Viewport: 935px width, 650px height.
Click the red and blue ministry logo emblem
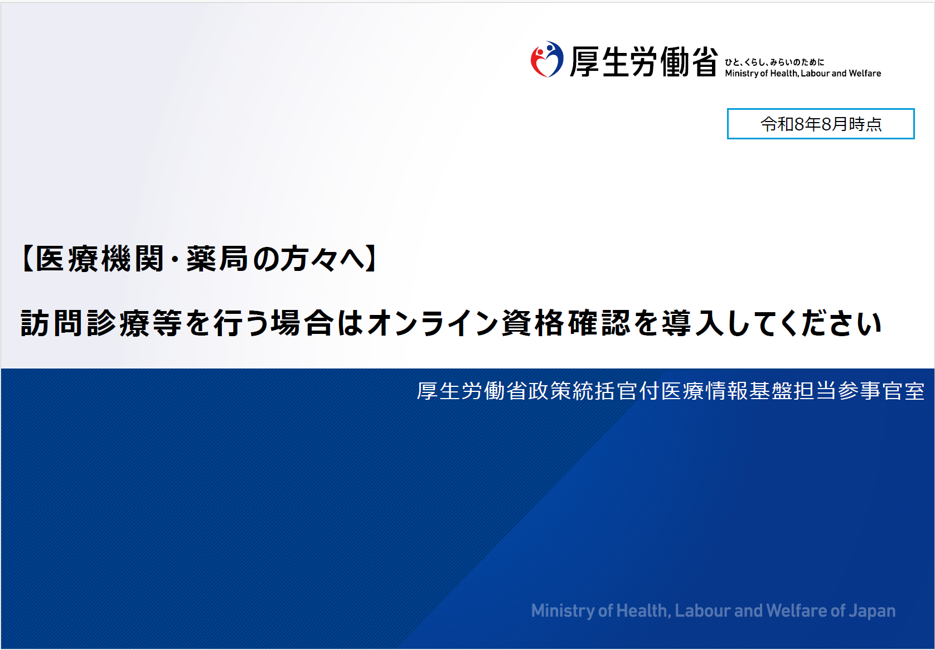[x=547, y=59]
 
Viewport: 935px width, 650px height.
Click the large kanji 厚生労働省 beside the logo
[x=644, y=61]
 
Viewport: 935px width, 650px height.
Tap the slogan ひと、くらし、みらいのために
[x=774, y=62]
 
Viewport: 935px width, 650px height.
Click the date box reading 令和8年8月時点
[x=821, y=124]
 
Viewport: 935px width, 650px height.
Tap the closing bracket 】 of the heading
[x=371, y=259]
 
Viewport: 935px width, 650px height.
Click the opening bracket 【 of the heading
[x=27, y=259]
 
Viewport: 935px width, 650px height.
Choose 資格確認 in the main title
[x=566, y=323]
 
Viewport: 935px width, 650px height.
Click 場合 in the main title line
[x=303, y=323]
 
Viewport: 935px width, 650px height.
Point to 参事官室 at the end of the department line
[x=881, y=391]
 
